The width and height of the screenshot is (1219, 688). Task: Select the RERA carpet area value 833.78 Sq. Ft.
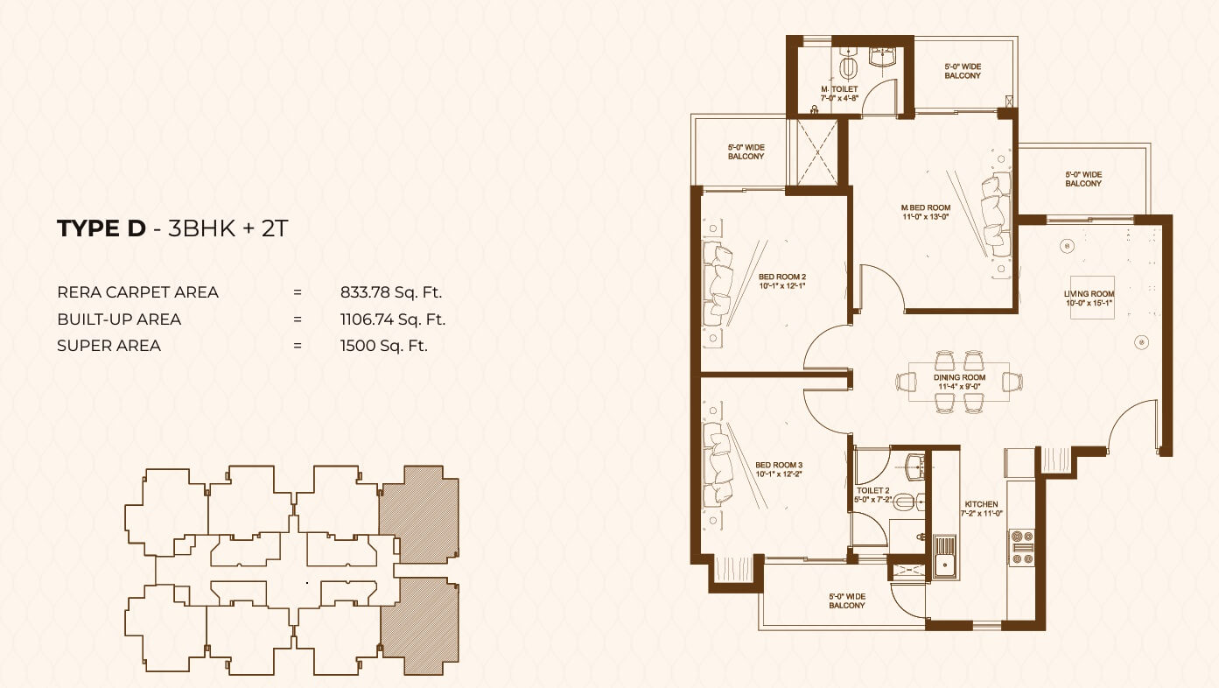click(391, 292)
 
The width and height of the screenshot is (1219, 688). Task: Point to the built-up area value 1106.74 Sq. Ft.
click(392, 319)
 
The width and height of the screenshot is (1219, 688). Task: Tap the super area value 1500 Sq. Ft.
click(383, 346)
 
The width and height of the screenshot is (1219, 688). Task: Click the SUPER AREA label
click(109, 346)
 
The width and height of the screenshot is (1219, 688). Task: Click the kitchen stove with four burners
click(1022, 548)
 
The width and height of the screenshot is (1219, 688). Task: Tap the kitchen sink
click(945, 556)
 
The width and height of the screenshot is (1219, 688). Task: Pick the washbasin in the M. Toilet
click(883, 57)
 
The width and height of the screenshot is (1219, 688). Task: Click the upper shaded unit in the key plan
click(419, 515)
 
